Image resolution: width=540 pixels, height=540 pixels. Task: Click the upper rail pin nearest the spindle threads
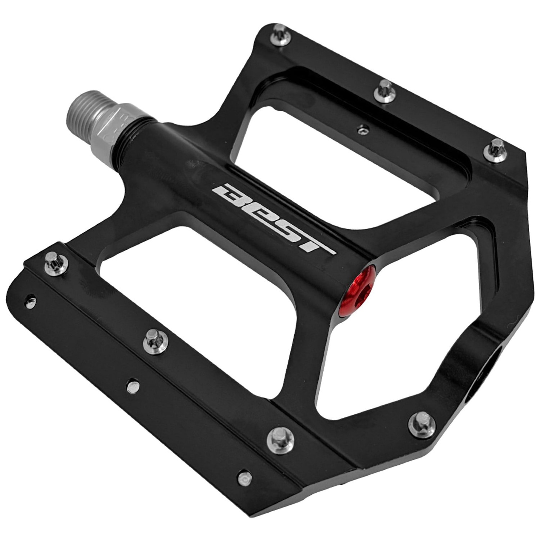click(280, 34)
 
